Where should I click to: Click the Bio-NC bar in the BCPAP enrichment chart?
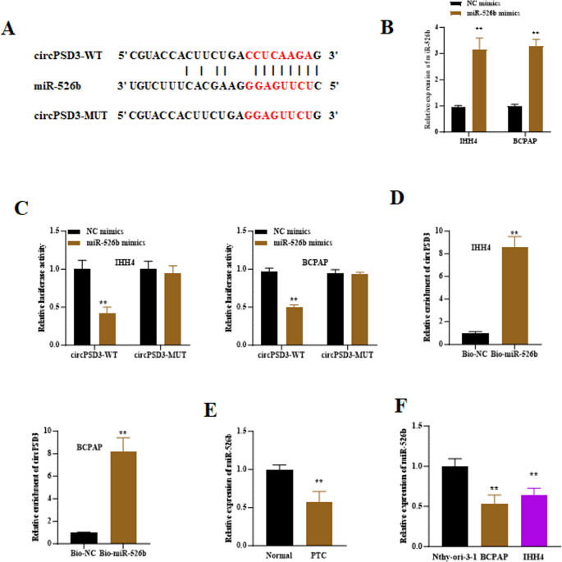pos(80,537)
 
